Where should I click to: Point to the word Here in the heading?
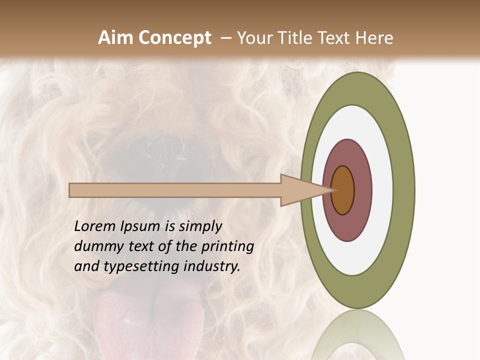pos(374,38)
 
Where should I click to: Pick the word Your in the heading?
pos(254,38)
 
